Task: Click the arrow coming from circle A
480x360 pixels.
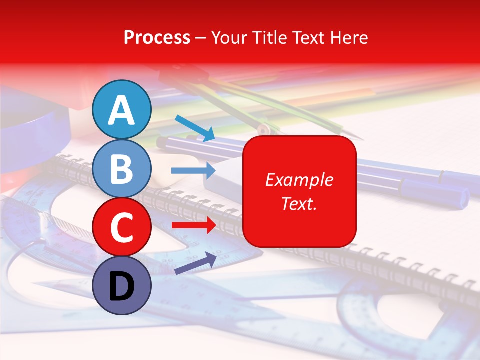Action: pos(195,127)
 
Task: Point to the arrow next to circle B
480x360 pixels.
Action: pos(193,171)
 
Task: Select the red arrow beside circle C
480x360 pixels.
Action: pos(193,225)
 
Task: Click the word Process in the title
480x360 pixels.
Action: pos(157,37)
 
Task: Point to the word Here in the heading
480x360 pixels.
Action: pos(350,37)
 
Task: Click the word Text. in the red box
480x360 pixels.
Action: pos(299,203)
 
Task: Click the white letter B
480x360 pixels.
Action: pos(121,169)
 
